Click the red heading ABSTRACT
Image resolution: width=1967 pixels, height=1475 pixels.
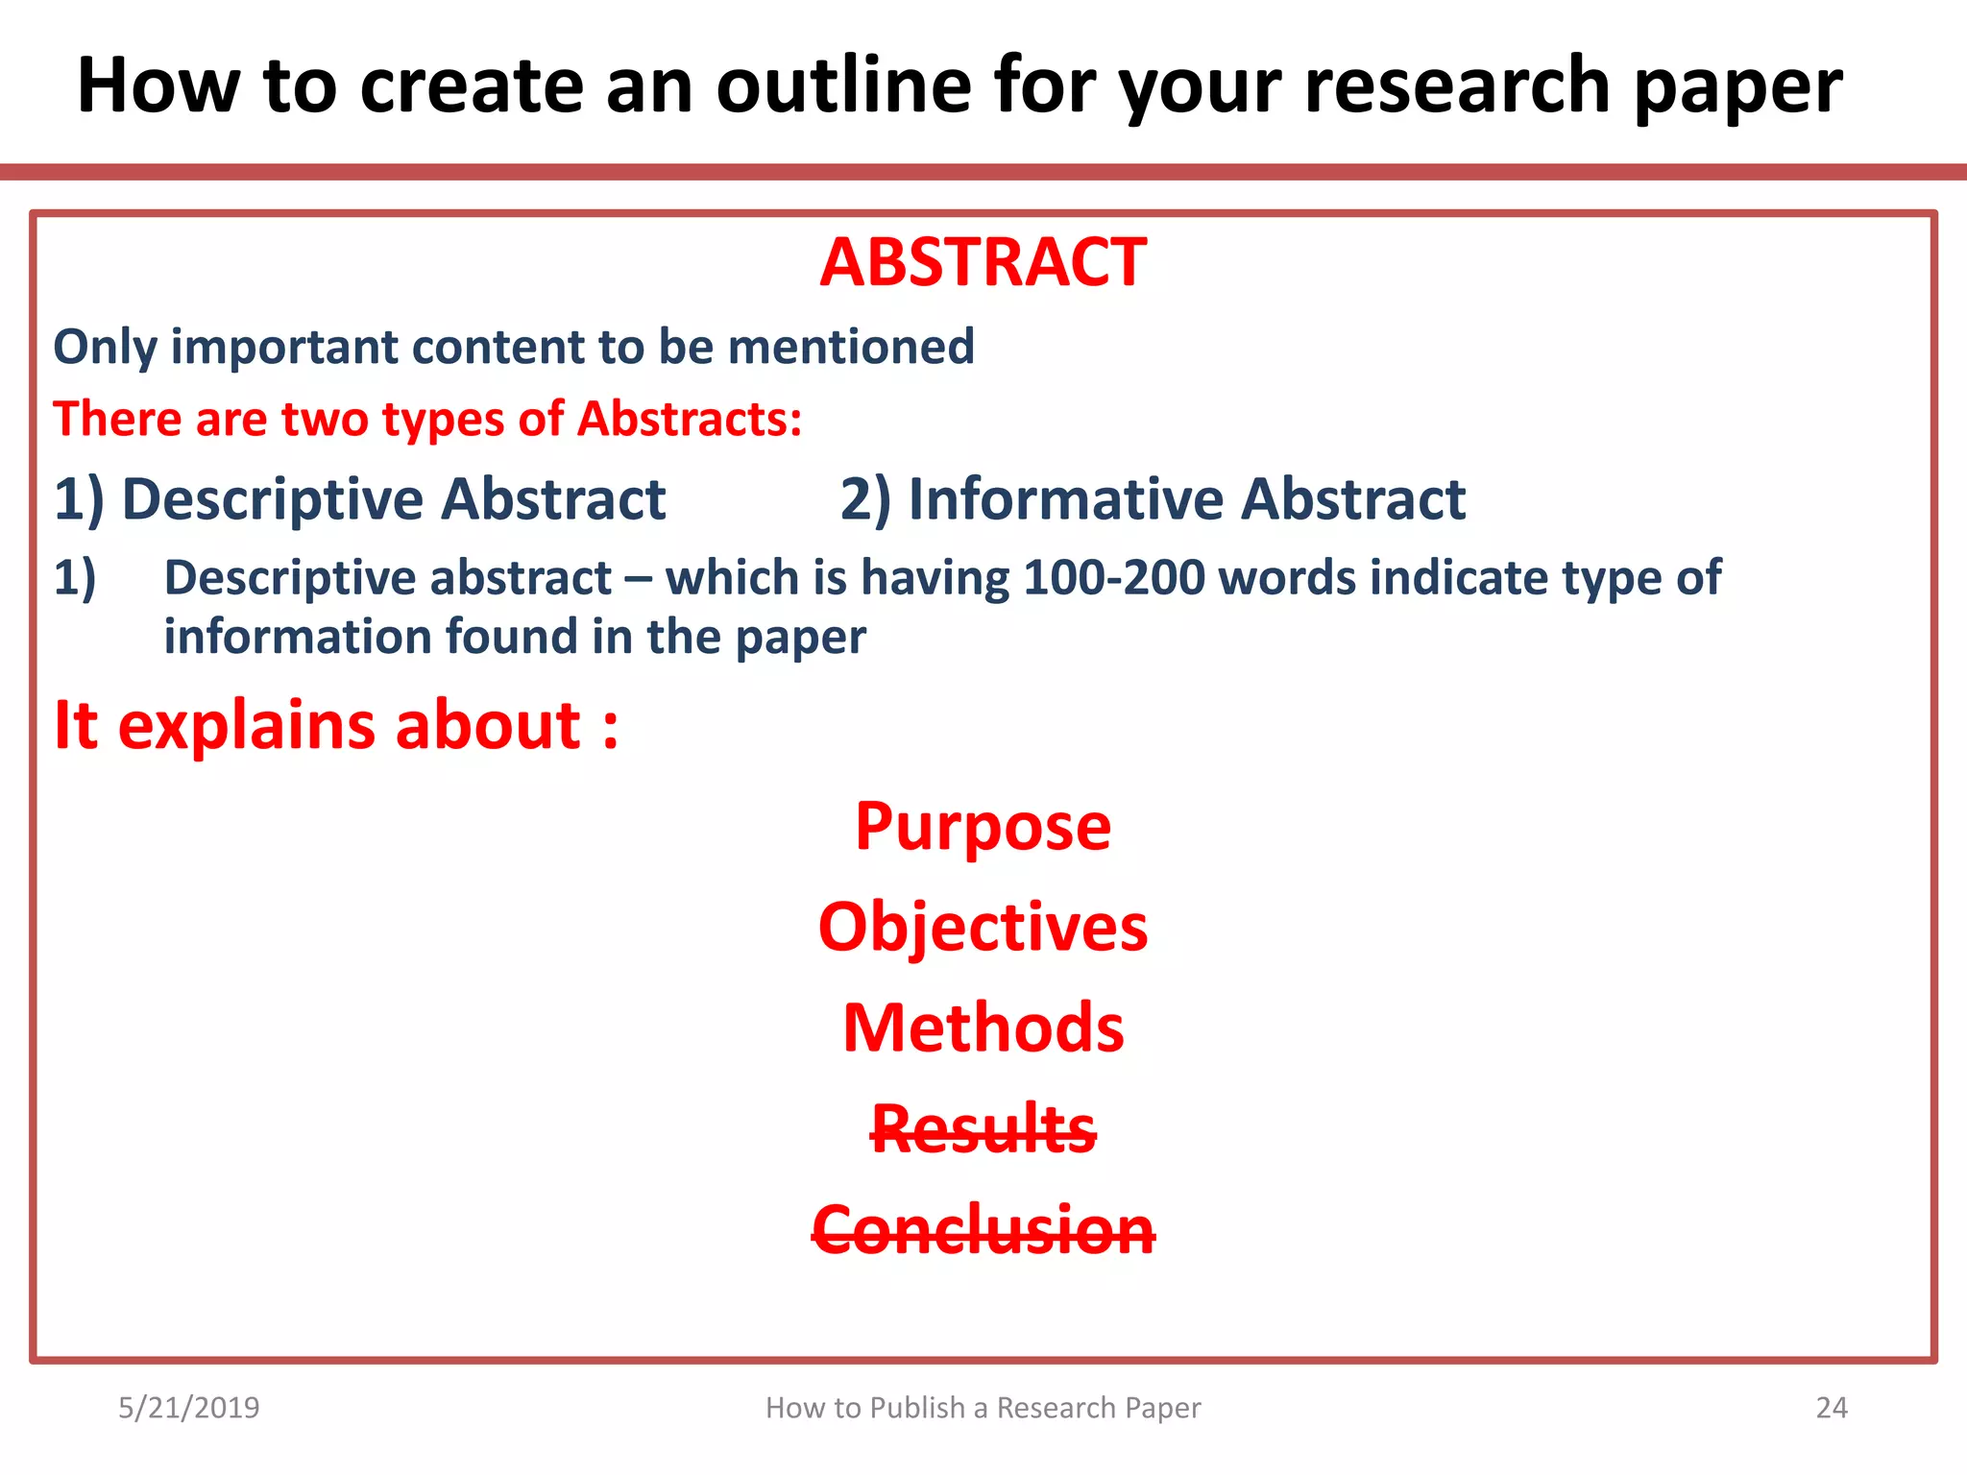(x=983, y=263)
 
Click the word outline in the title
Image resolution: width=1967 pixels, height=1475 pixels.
(x=843, y=86)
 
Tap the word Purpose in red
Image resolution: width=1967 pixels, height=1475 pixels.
(x=983, y=828)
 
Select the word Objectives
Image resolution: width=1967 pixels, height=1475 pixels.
(x=983, y=928)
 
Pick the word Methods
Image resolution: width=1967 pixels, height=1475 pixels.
(x=983, y=1028)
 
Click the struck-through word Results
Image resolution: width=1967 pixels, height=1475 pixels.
(x=983, y=1129)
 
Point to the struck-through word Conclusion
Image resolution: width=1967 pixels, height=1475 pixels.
(x=983, y=1230)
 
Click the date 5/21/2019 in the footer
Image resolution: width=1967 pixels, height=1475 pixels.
(x=189, y=1408)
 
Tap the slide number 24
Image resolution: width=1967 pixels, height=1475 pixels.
(x=1832, y=1408)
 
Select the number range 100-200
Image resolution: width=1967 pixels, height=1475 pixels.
(x=1114, y=578)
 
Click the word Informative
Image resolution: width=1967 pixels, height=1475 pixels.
(x=1065, y=500)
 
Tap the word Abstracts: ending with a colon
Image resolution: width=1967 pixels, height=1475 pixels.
(x=689, y=420)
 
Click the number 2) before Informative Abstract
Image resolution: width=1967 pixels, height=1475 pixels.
(x=865, y=500)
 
